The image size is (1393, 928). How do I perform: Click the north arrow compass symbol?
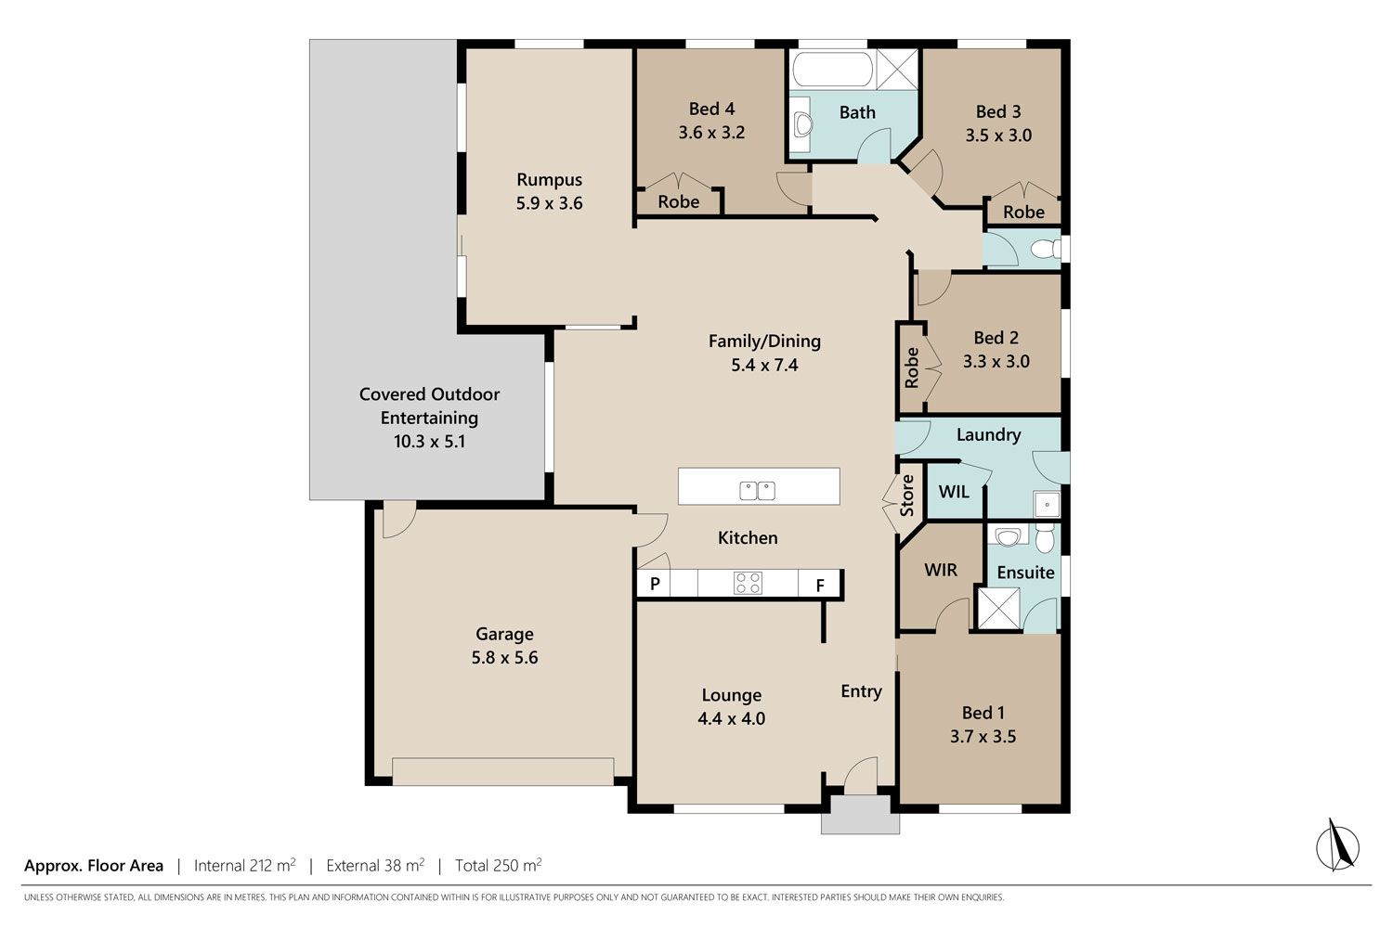click(1337, 846)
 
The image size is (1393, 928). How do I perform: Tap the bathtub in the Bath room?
click(833, 69)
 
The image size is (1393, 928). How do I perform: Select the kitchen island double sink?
click(757, 490)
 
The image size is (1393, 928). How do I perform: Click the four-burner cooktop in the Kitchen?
click(748, 583)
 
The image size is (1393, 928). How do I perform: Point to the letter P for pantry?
click(654, 584)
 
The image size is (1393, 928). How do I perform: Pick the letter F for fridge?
click(820, 585)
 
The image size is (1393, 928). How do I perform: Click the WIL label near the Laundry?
click(954, 492)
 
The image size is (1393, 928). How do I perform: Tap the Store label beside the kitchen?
click(906, 496)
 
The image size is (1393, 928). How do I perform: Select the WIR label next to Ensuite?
click(940, 570)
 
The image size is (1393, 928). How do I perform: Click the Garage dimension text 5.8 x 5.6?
click(504, 658)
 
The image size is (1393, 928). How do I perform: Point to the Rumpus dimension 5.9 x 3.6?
click(549, 203)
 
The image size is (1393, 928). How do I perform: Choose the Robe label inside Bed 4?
click(679, 202)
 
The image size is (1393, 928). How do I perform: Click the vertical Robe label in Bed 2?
click(911, 368)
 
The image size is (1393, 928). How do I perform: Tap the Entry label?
click(861, 691)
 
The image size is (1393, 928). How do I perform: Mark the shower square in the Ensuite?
click(998, 608)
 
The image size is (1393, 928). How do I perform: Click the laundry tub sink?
click(1047, 504)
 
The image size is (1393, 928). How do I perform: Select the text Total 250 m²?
click(498, 865)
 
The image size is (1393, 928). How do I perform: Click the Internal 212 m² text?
click(244, 865)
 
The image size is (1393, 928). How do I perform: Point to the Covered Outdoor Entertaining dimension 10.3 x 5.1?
click(429, 442)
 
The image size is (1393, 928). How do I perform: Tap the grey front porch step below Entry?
click(860, 815)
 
